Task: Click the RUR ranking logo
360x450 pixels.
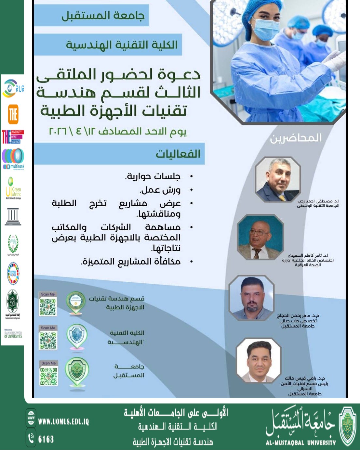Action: [x=13, y=88]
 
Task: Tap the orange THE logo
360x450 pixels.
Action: [x=13, y=114]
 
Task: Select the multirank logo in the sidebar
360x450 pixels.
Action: [x=13, y=159]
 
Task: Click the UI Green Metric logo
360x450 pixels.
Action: [x=13, y=188]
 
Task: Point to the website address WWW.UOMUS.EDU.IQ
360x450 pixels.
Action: [x=63, y=422]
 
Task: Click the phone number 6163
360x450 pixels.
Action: [x=46, y=439]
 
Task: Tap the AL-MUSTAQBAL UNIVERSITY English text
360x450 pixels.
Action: [x=300, y=443]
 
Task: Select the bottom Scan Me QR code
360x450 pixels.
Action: [x=49, y=376]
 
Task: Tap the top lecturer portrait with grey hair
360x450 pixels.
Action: [x=278, y=180]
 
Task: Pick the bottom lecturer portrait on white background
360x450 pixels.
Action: [x=259, y=360]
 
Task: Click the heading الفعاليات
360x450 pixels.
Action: [x=178, y=154]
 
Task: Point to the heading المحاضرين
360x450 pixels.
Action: [x=296, y=138]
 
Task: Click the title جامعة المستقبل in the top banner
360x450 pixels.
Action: [x=103, y=16]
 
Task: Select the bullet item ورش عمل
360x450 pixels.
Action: [x=160, y=190]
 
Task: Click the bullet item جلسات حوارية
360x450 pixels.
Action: [x=153, y=176]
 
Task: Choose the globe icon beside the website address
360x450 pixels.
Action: [x=31, y=418]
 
